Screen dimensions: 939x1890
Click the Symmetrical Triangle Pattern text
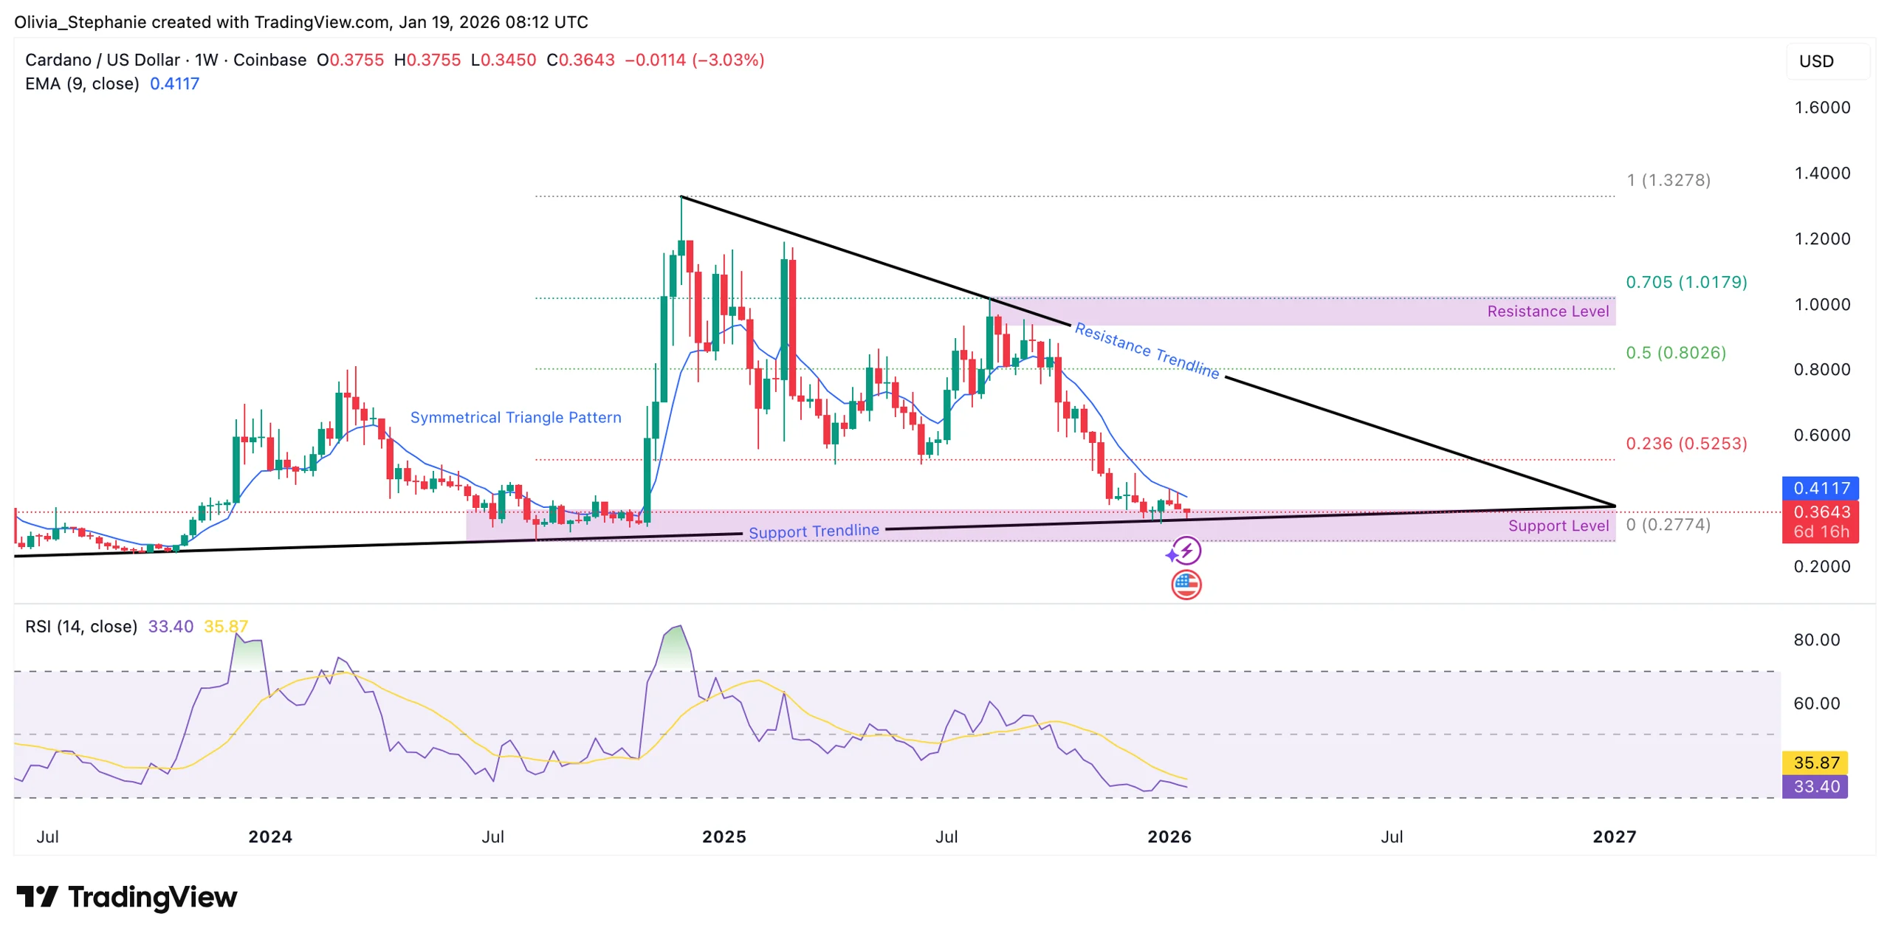(515, 418)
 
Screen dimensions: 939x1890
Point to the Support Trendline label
(813, 532)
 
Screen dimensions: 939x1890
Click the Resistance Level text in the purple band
(1547, 312)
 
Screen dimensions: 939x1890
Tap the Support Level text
(1557, 526)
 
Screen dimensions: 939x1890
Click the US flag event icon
(1185, 585)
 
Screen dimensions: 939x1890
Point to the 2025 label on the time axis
(723, 836)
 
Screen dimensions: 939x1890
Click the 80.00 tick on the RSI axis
(1815, 640)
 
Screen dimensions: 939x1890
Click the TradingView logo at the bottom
(127, 897)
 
